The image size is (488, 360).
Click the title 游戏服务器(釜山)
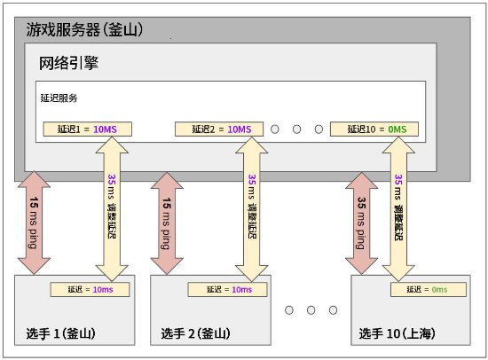[x=84, y=30]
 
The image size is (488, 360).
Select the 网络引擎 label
[x=68, y=63]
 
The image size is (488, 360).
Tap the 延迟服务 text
[x=59, y=98]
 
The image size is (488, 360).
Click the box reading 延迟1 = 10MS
[x=88, y=129]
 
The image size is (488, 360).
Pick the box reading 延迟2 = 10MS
[x=219, y=129]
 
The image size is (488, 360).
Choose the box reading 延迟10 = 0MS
[x=374, y=129]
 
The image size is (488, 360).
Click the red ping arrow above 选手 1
[x=34, y=223]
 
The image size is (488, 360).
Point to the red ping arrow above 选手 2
[x=167, y=223]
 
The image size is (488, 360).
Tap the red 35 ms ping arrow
[x=362, y=223]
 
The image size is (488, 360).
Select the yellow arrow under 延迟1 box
[x=112, y=209]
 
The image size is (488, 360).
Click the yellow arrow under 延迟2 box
[x=251, y=209]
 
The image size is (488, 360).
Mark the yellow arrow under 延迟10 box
[x=398, y=209]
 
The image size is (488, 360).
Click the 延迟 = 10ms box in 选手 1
[x=90, y=289]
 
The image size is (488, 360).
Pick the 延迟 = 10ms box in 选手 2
[x=227, y=289]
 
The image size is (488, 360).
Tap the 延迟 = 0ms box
[x=429, y=289]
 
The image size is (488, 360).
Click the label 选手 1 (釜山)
[x=60, y=333]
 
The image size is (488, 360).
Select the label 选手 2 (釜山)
[x=195, y=333]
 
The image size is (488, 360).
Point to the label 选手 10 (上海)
[x=397, y=333]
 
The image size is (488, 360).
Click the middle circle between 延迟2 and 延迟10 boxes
[x=296, y=129]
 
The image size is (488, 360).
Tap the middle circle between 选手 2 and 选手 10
[x=311, y=310]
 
